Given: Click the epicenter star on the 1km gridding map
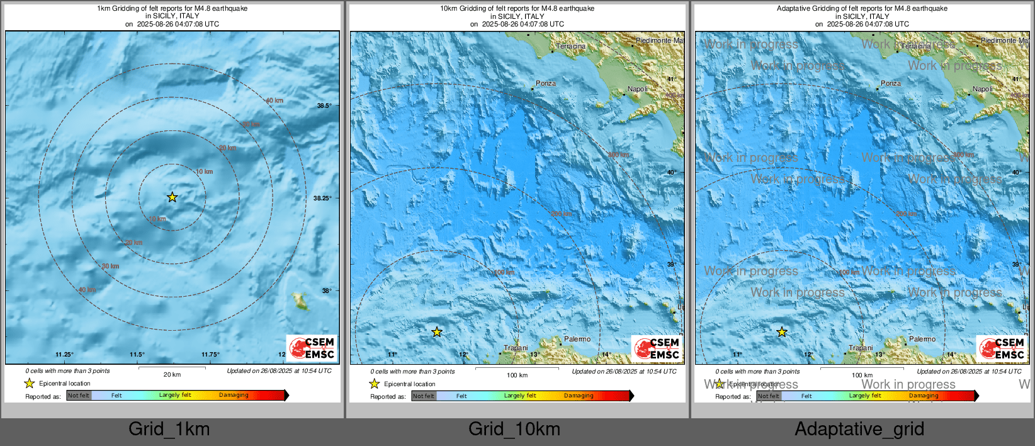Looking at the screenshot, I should [172, 197].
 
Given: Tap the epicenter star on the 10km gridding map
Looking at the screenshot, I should [437, 332].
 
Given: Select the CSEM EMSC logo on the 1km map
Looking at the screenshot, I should [312, 348].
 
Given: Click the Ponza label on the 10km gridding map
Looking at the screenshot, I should [546, 83].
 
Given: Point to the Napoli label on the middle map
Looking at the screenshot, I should [637, 89].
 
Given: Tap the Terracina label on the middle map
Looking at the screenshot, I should [571, 46].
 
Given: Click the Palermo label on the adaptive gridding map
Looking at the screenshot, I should [922, 339].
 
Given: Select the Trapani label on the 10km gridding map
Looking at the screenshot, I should [516, 348].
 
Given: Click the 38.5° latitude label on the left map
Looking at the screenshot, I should [324, 106].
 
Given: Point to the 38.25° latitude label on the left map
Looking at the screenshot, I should [322, 198].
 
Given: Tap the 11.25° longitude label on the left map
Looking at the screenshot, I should [64, 355].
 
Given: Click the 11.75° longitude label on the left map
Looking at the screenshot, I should [210, 355].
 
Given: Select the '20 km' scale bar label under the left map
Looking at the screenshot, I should [172, 374].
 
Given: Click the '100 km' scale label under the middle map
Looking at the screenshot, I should [517, 375].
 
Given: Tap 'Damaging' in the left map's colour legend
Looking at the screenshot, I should [234, 395].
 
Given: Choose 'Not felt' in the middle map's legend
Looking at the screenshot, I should [424, 396].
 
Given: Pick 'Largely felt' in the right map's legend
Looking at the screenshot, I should [864, 396].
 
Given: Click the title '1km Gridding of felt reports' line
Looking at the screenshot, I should [172, 9].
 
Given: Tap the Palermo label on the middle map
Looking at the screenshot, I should [577, 339].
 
